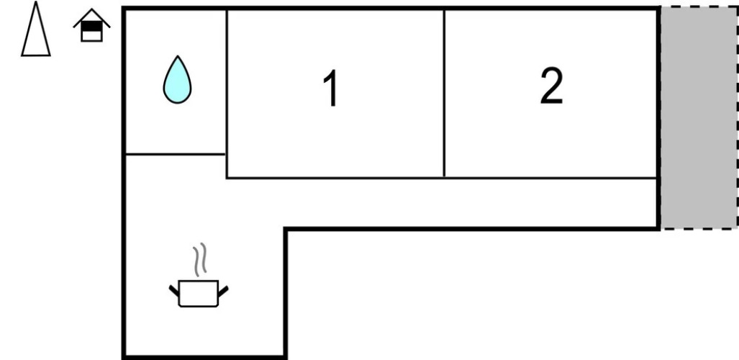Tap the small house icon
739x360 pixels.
point(91,27)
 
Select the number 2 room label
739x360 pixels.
point(551,86)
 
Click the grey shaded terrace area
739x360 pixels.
point(698,119)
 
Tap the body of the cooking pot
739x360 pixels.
point(199,294)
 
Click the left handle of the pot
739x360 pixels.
point(174,290)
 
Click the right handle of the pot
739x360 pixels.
point(223,290)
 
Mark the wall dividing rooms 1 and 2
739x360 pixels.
point(444,94)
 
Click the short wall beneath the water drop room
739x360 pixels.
point(176,154)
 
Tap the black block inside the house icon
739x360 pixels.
point(91,27)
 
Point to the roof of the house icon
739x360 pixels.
point(91,16)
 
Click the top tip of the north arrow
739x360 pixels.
point(36,4)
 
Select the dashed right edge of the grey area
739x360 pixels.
point(738,119)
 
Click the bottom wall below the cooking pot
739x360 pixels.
point(205,356)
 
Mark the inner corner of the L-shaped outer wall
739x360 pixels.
point(286,230)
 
